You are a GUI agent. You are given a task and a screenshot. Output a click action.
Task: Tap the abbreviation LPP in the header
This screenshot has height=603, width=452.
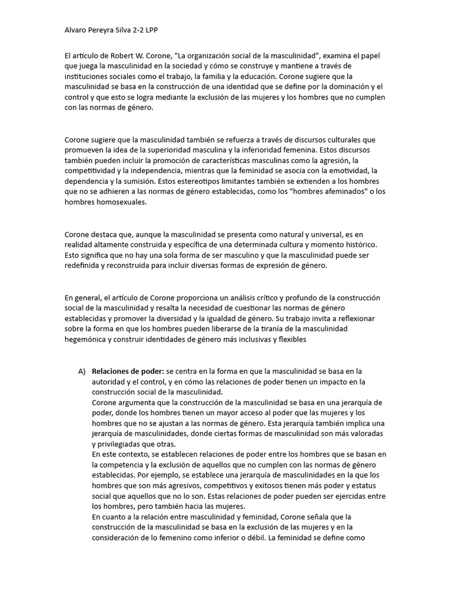(165, 29)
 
